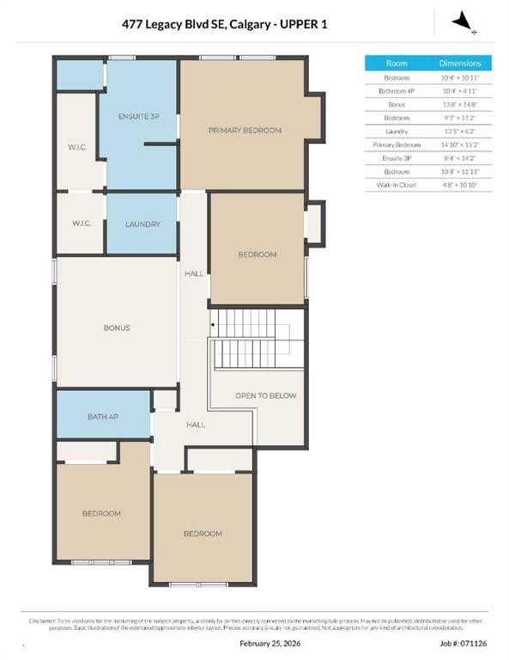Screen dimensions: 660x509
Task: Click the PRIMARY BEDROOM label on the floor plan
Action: (245, 131)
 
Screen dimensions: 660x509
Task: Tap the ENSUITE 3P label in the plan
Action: (138, 115)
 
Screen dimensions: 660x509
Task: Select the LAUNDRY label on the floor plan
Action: (142, 224)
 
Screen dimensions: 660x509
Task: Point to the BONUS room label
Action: (116, 327)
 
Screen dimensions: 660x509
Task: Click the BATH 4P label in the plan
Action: (104, 417)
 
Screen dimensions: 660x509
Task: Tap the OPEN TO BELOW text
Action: (265, 395)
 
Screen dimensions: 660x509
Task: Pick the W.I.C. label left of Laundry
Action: (82, 223)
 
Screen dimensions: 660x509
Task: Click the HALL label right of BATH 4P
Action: (196, 425)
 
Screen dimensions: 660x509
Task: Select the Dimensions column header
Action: (460, 64)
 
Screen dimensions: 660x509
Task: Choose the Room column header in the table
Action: (397, 64)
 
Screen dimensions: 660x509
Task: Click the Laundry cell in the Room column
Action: (397, 131)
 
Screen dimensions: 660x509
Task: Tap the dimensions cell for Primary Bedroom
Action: (460, 145)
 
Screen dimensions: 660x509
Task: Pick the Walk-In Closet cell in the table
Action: (397, 185)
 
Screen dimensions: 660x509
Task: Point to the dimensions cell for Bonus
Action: (460, 105)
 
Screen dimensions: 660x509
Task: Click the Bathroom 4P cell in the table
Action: (397, 91)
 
